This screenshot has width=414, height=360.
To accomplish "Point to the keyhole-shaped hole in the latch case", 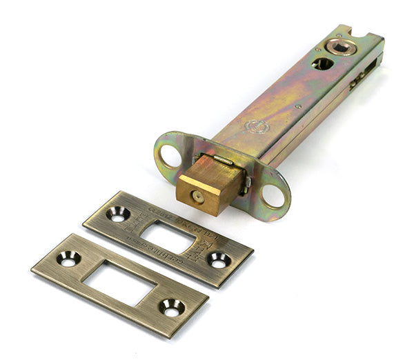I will pyautogui.click(x=322, y=63).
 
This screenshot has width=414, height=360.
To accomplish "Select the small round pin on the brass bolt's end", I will pyautogui.click(x=198, y=197).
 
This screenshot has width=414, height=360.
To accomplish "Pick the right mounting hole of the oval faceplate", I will pyautogui.click(x=275, y=195).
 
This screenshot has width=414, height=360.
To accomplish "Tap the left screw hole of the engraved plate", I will pyautogui.click(x=118, y=214).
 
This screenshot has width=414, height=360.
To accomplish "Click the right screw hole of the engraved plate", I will pyautogui.click(x=219, y=261).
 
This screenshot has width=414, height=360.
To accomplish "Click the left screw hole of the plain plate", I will pyautogui.click(x=68, y=259).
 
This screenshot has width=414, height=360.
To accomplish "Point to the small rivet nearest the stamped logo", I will pyautogui.click(x=297, y=106).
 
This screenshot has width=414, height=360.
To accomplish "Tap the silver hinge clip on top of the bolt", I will pyautogui.click(x=223, y=160).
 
